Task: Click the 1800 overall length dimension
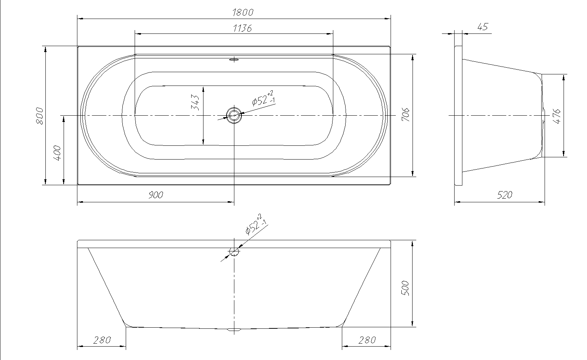coord(243,12)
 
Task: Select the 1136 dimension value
coord(243,28)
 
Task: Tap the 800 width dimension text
coord(39,116)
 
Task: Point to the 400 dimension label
coord(57,153)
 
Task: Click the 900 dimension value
coord(155,195)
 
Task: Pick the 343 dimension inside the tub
coord(195,102)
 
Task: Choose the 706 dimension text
coord(405,115)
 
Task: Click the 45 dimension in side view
coord(483,27)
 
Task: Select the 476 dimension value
coord(556,116)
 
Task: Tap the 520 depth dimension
coord(504,195)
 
